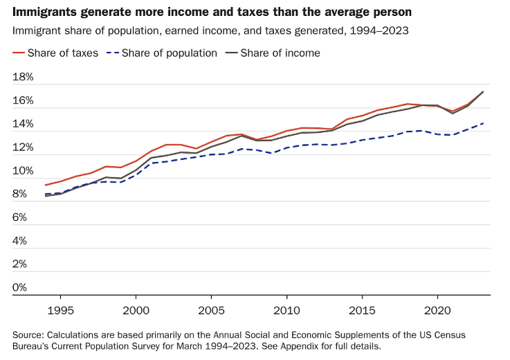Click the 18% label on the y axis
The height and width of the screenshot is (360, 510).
(23, 78)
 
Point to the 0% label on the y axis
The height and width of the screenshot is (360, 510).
(19, 287)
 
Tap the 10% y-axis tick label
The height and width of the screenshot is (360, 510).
(23, 171)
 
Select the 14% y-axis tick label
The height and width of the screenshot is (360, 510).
(23, 125)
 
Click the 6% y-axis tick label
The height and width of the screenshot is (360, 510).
(19, 217)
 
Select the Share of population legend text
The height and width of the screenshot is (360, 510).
(169, 53)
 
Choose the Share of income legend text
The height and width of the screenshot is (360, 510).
(280, 53)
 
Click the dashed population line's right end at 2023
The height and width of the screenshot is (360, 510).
(482, 123)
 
